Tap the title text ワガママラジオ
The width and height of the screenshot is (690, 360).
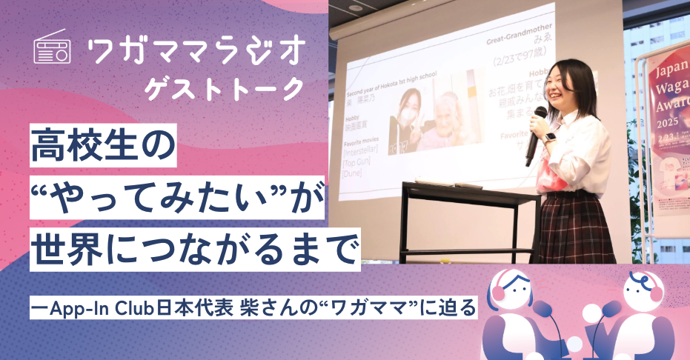click(x=196, y=50)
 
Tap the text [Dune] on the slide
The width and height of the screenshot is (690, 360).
click(x=353, y=173)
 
